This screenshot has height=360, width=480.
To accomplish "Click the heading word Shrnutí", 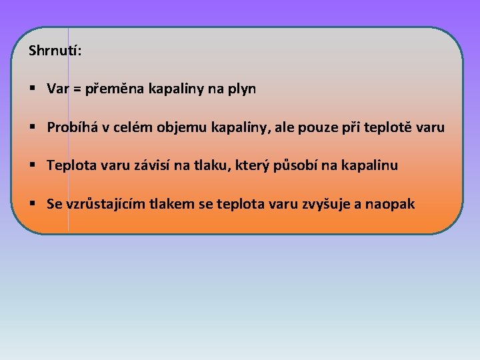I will point(55,51).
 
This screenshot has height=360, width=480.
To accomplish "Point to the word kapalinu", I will point(370,165).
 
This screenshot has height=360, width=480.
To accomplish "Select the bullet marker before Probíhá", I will point(33,127).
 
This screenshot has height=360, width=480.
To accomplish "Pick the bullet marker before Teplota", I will point(33,165).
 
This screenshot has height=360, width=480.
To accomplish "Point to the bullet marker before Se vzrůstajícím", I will point(33,203).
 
